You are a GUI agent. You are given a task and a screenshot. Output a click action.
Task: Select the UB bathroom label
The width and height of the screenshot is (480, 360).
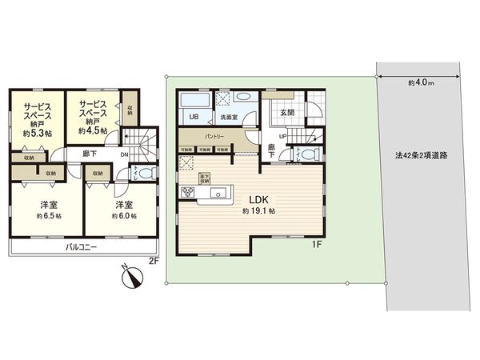[x=193, y=118]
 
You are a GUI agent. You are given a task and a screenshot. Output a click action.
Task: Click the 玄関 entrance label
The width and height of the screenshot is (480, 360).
[x=287, y=113]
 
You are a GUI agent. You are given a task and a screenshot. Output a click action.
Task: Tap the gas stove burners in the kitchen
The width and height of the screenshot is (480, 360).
[x=189, y=191]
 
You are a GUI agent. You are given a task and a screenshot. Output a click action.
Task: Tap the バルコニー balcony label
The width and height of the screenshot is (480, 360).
[x=81, y=249]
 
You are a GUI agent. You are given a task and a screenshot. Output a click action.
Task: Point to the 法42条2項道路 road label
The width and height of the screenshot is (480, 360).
[x=420, y=156]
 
